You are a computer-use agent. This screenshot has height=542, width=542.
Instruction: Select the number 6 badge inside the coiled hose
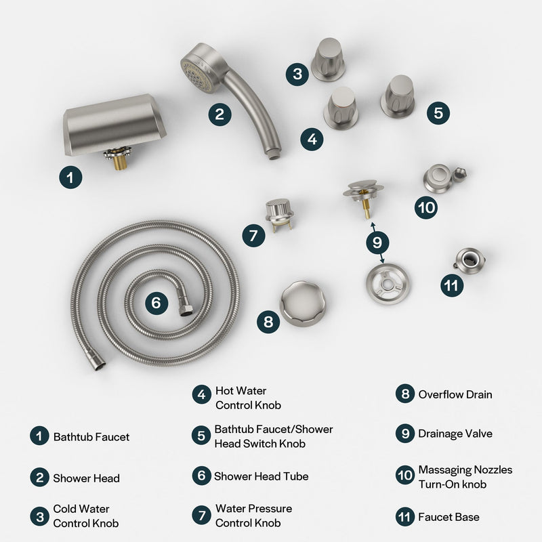(x=156, y=303)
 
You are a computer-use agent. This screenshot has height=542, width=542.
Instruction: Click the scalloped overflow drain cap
(x=302, y=304)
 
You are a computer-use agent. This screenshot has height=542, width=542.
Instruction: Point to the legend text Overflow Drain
(x=455, y=394)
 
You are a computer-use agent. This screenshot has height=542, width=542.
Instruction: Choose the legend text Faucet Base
(x=448, y=517)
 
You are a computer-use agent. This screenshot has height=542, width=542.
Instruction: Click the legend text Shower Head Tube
(x=261, y=476)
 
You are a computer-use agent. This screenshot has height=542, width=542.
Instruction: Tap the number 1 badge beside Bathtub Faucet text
(x=39, y=437)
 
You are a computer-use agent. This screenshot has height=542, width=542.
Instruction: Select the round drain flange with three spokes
(x=388, y=283)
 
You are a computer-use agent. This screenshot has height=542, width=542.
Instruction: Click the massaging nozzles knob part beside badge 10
(x=441, y=178)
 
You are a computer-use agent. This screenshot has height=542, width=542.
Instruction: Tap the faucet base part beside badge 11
(x=469, y=259)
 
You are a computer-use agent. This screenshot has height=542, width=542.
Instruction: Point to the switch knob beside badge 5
(x=398, y=95)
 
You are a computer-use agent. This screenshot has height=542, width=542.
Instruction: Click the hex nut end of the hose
(x=184, y=310)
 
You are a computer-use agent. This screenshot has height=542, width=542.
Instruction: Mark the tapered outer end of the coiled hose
(x=99, y=365)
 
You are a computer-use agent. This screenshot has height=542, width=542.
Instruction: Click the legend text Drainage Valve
(x=455, y=434)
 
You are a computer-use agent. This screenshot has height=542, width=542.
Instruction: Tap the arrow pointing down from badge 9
(x=383, y=258)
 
